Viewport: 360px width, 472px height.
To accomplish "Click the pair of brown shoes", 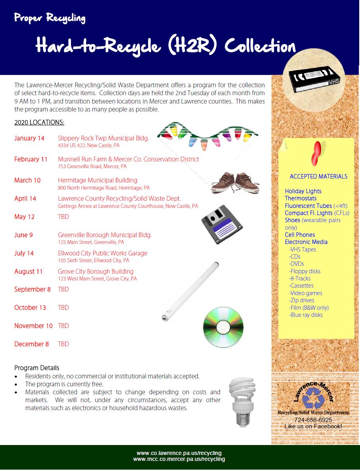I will (235, 184).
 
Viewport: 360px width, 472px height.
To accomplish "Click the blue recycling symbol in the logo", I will (314, 399).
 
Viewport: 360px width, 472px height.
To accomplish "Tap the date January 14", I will (29, 138).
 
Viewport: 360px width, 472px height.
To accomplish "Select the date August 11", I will (28, 272).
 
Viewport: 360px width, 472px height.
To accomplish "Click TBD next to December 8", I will (64, 344).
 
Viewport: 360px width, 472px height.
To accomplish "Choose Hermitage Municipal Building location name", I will (98, 180).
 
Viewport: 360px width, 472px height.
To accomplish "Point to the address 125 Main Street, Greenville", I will (91, 242).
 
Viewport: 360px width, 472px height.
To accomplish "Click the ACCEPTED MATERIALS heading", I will (318, 177).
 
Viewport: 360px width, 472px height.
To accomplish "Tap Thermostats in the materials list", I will (300, 198).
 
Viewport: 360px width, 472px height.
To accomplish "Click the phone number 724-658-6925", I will (313, 420).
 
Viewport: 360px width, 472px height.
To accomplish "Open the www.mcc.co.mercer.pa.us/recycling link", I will (179, 459).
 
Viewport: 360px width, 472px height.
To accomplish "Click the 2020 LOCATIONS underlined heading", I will (39, 123).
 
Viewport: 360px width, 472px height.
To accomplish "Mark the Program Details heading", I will (37, 368).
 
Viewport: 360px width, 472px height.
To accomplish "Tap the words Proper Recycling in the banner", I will (50, 18).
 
